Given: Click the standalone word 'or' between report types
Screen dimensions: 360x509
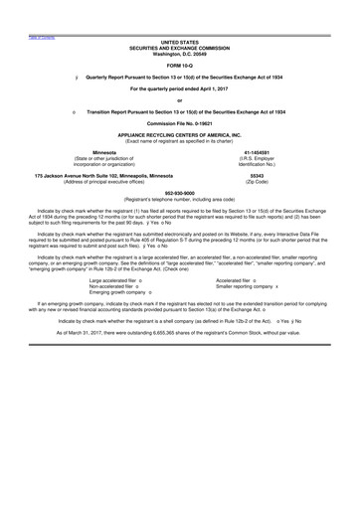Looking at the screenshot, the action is point(179,100).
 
